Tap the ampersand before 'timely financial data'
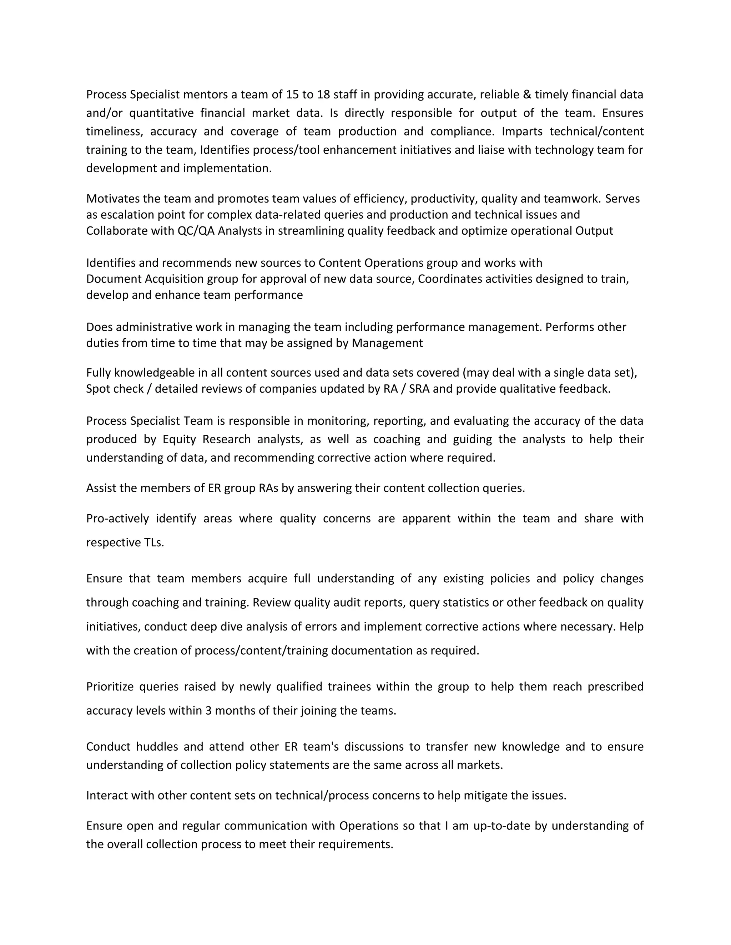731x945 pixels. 527,94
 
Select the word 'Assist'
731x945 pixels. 101,488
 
